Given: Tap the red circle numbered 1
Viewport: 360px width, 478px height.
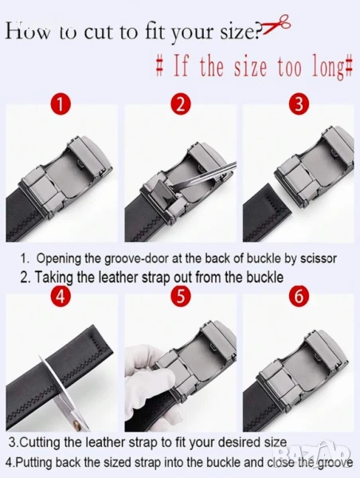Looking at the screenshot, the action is pyautogui.click(x=61, y=104).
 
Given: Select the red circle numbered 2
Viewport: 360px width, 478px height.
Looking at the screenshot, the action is pyautogui.click(x=181, y=104).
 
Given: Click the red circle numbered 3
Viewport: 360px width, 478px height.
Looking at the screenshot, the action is pyautogui.click(x=299, y=104).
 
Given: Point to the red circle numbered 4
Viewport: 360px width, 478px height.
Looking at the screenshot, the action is pyautogui.click(x=61, y=296).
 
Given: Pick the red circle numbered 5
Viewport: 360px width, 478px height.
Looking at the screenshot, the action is pyautogui.click(x=181, y=296).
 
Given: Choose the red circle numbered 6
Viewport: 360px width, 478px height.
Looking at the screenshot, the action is pyautogui.click(x=299, y=296).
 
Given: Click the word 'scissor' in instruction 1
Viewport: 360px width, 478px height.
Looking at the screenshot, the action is pyautogui.click(x=319, y=258).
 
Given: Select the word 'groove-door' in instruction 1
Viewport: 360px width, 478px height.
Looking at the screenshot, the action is pyautogui.click(x=136, y=259).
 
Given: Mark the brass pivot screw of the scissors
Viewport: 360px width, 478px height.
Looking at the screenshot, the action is pyautogui.click(x=76, y=425).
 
